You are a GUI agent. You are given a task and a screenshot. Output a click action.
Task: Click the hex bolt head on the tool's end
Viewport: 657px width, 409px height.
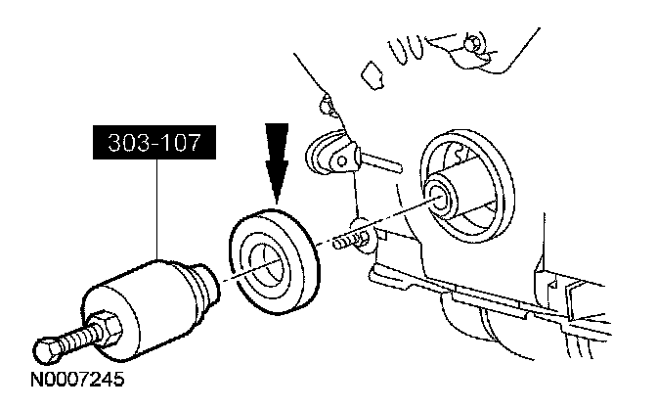click(x=46, y=347)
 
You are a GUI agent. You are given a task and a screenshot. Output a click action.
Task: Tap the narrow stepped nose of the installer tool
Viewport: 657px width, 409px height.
click(x=208, y=283)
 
